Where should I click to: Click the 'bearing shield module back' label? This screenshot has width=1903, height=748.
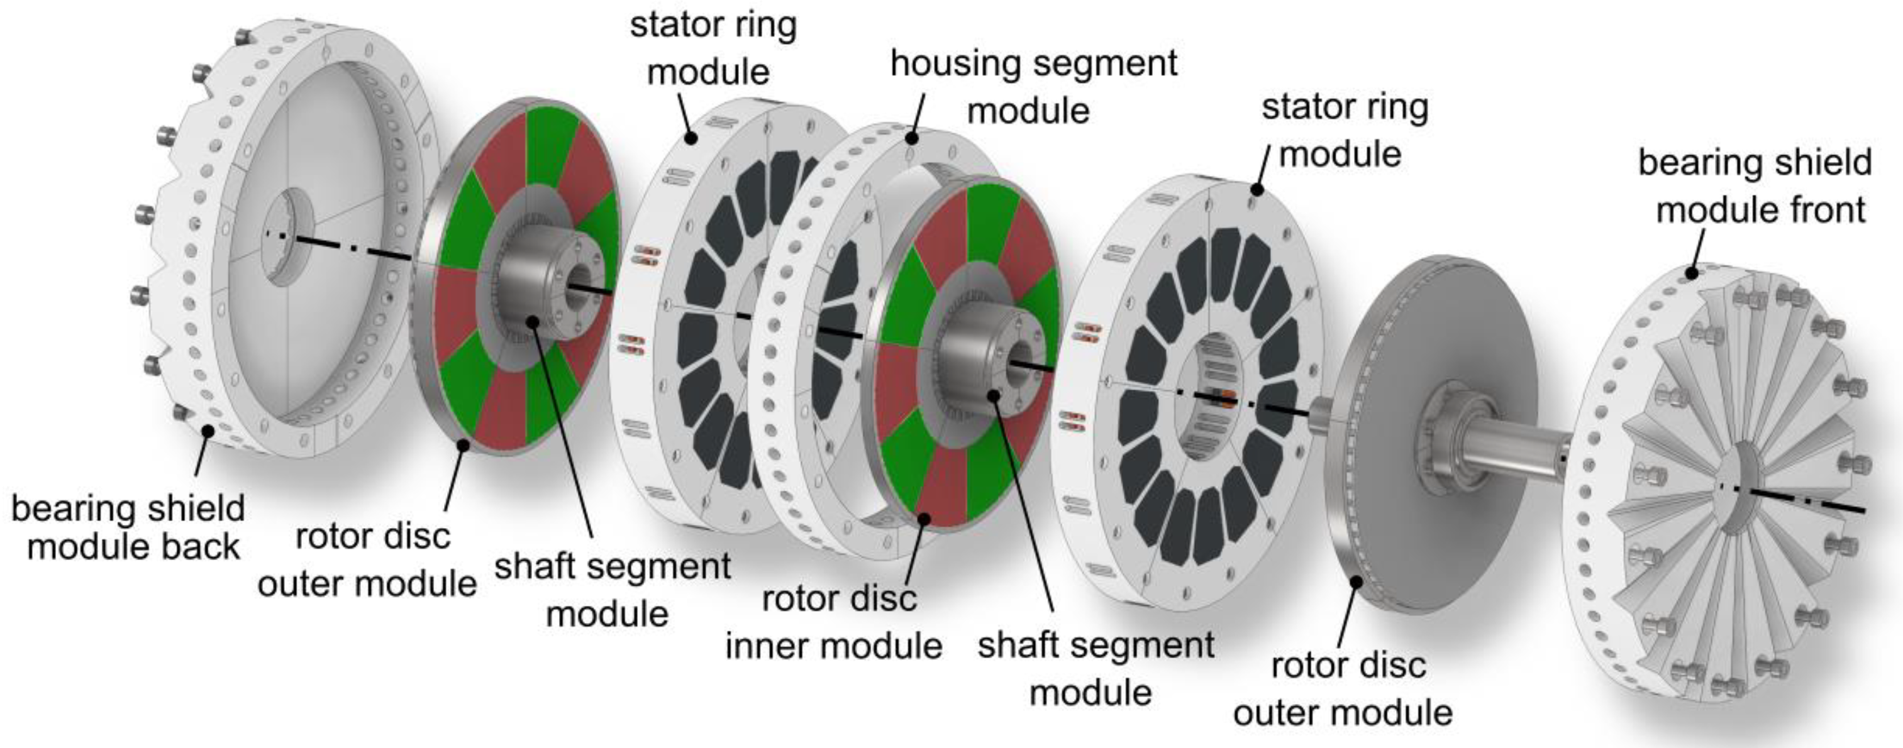click(128, 528)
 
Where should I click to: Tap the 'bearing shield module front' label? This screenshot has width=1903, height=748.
click(1755, 186)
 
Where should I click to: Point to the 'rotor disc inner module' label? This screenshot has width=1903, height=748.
click(834, 622)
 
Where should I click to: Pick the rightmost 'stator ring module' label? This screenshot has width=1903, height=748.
click(1345, 131)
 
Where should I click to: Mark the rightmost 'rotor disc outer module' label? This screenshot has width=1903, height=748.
click(1343, 689)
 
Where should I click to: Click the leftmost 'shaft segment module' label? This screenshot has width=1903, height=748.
click(612, 590)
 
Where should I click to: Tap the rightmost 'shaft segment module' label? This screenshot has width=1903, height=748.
click(1096, 669)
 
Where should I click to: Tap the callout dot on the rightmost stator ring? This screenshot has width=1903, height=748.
click(1256, 190)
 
